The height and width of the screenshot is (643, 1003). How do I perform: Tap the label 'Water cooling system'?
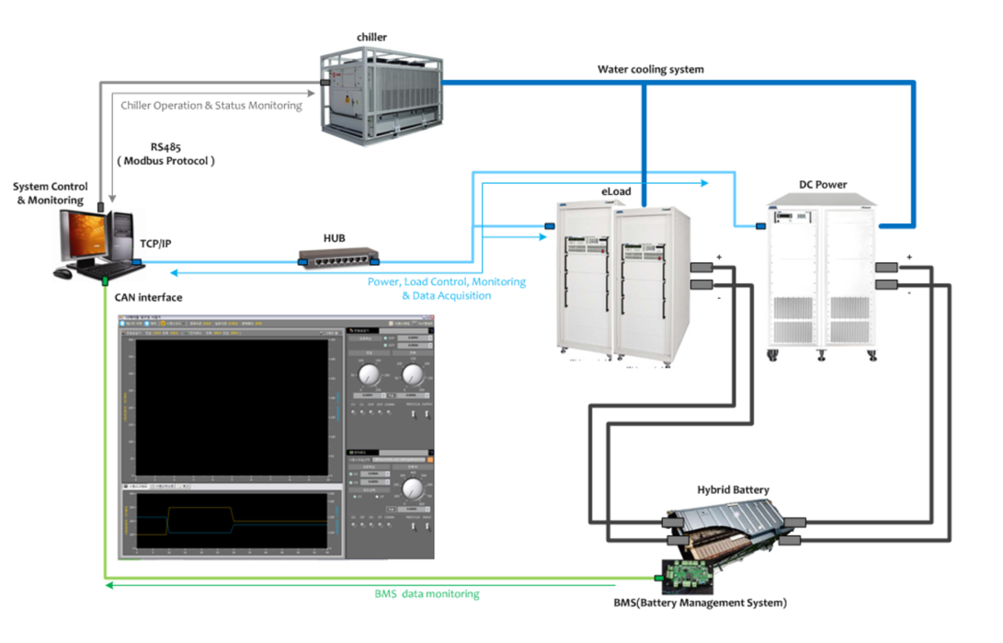pos(651,69)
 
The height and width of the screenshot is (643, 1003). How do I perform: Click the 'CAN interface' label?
pos(148,297)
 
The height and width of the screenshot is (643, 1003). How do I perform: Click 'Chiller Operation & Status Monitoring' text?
pos(211,106)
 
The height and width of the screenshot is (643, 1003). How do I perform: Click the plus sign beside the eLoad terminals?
pos(720,256)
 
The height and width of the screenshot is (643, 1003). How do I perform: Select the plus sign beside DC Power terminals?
pos(909,257)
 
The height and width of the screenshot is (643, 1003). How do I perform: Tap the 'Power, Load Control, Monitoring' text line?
pos(447,282)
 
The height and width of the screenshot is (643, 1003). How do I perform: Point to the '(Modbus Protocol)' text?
pos(165,161)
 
